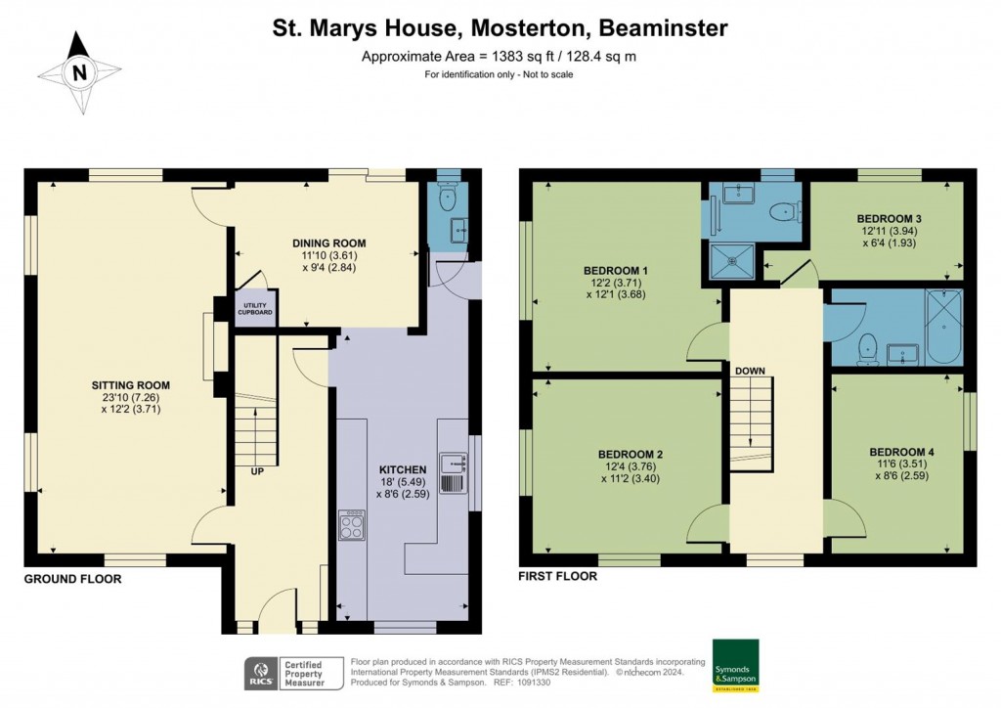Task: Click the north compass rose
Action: (79, 71)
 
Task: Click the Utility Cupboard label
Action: (253, 310)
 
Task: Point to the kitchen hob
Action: (352, 525)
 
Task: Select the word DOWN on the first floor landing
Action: (751, 371)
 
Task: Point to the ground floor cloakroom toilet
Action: (448, 199)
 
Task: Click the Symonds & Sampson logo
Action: (735, 667)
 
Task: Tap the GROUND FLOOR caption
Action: (73, 579)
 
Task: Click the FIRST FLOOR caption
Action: (557, 576)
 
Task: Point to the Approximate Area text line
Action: (499, 56)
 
